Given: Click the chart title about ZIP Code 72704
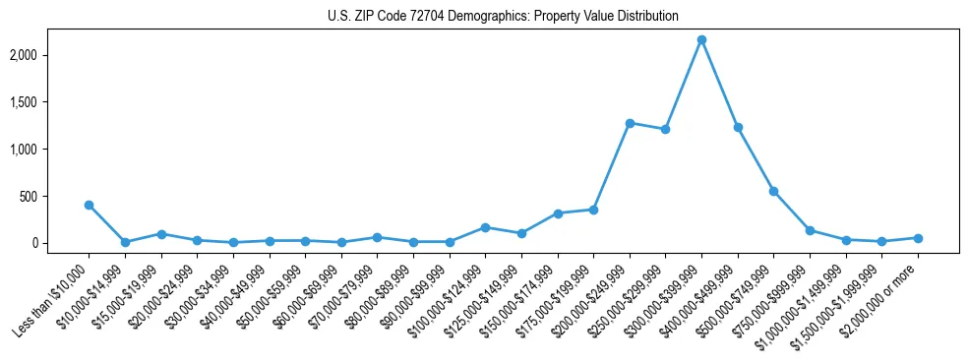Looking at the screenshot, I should (x=503, y=17).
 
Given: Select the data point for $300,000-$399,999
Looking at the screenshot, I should (x=701, y=40).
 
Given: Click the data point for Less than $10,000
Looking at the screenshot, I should (x=89, y=205).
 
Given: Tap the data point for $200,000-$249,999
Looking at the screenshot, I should (x=630, y=123).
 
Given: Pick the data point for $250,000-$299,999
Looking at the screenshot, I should (x=665, y=129).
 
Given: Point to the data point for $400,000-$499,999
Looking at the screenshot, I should (x=738, y=127).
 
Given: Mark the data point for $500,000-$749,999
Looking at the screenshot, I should (x=773, y=191).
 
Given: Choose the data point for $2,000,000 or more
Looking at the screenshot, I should (x=918, y=238).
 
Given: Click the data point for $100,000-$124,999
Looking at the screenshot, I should (x=485, y=227).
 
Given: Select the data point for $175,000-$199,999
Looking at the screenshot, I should (x=593, y=210).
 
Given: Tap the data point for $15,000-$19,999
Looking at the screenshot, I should (x=161, y=234).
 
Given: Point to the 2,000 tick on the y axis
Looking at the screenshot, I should (x=49, y=55).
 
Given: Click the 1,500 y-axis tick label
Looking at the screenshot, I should (x=49, y=102).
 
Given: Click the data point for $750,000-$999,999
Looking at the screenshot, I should (x=810, y=230).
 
